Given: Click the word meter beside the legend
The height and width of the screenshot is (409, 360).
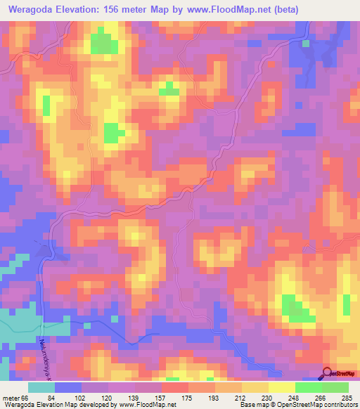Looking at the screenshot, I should [x=12, y=397].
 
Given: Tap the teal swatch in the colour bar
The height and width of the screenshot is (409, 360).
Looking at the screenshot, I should [x=41, y=387].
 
